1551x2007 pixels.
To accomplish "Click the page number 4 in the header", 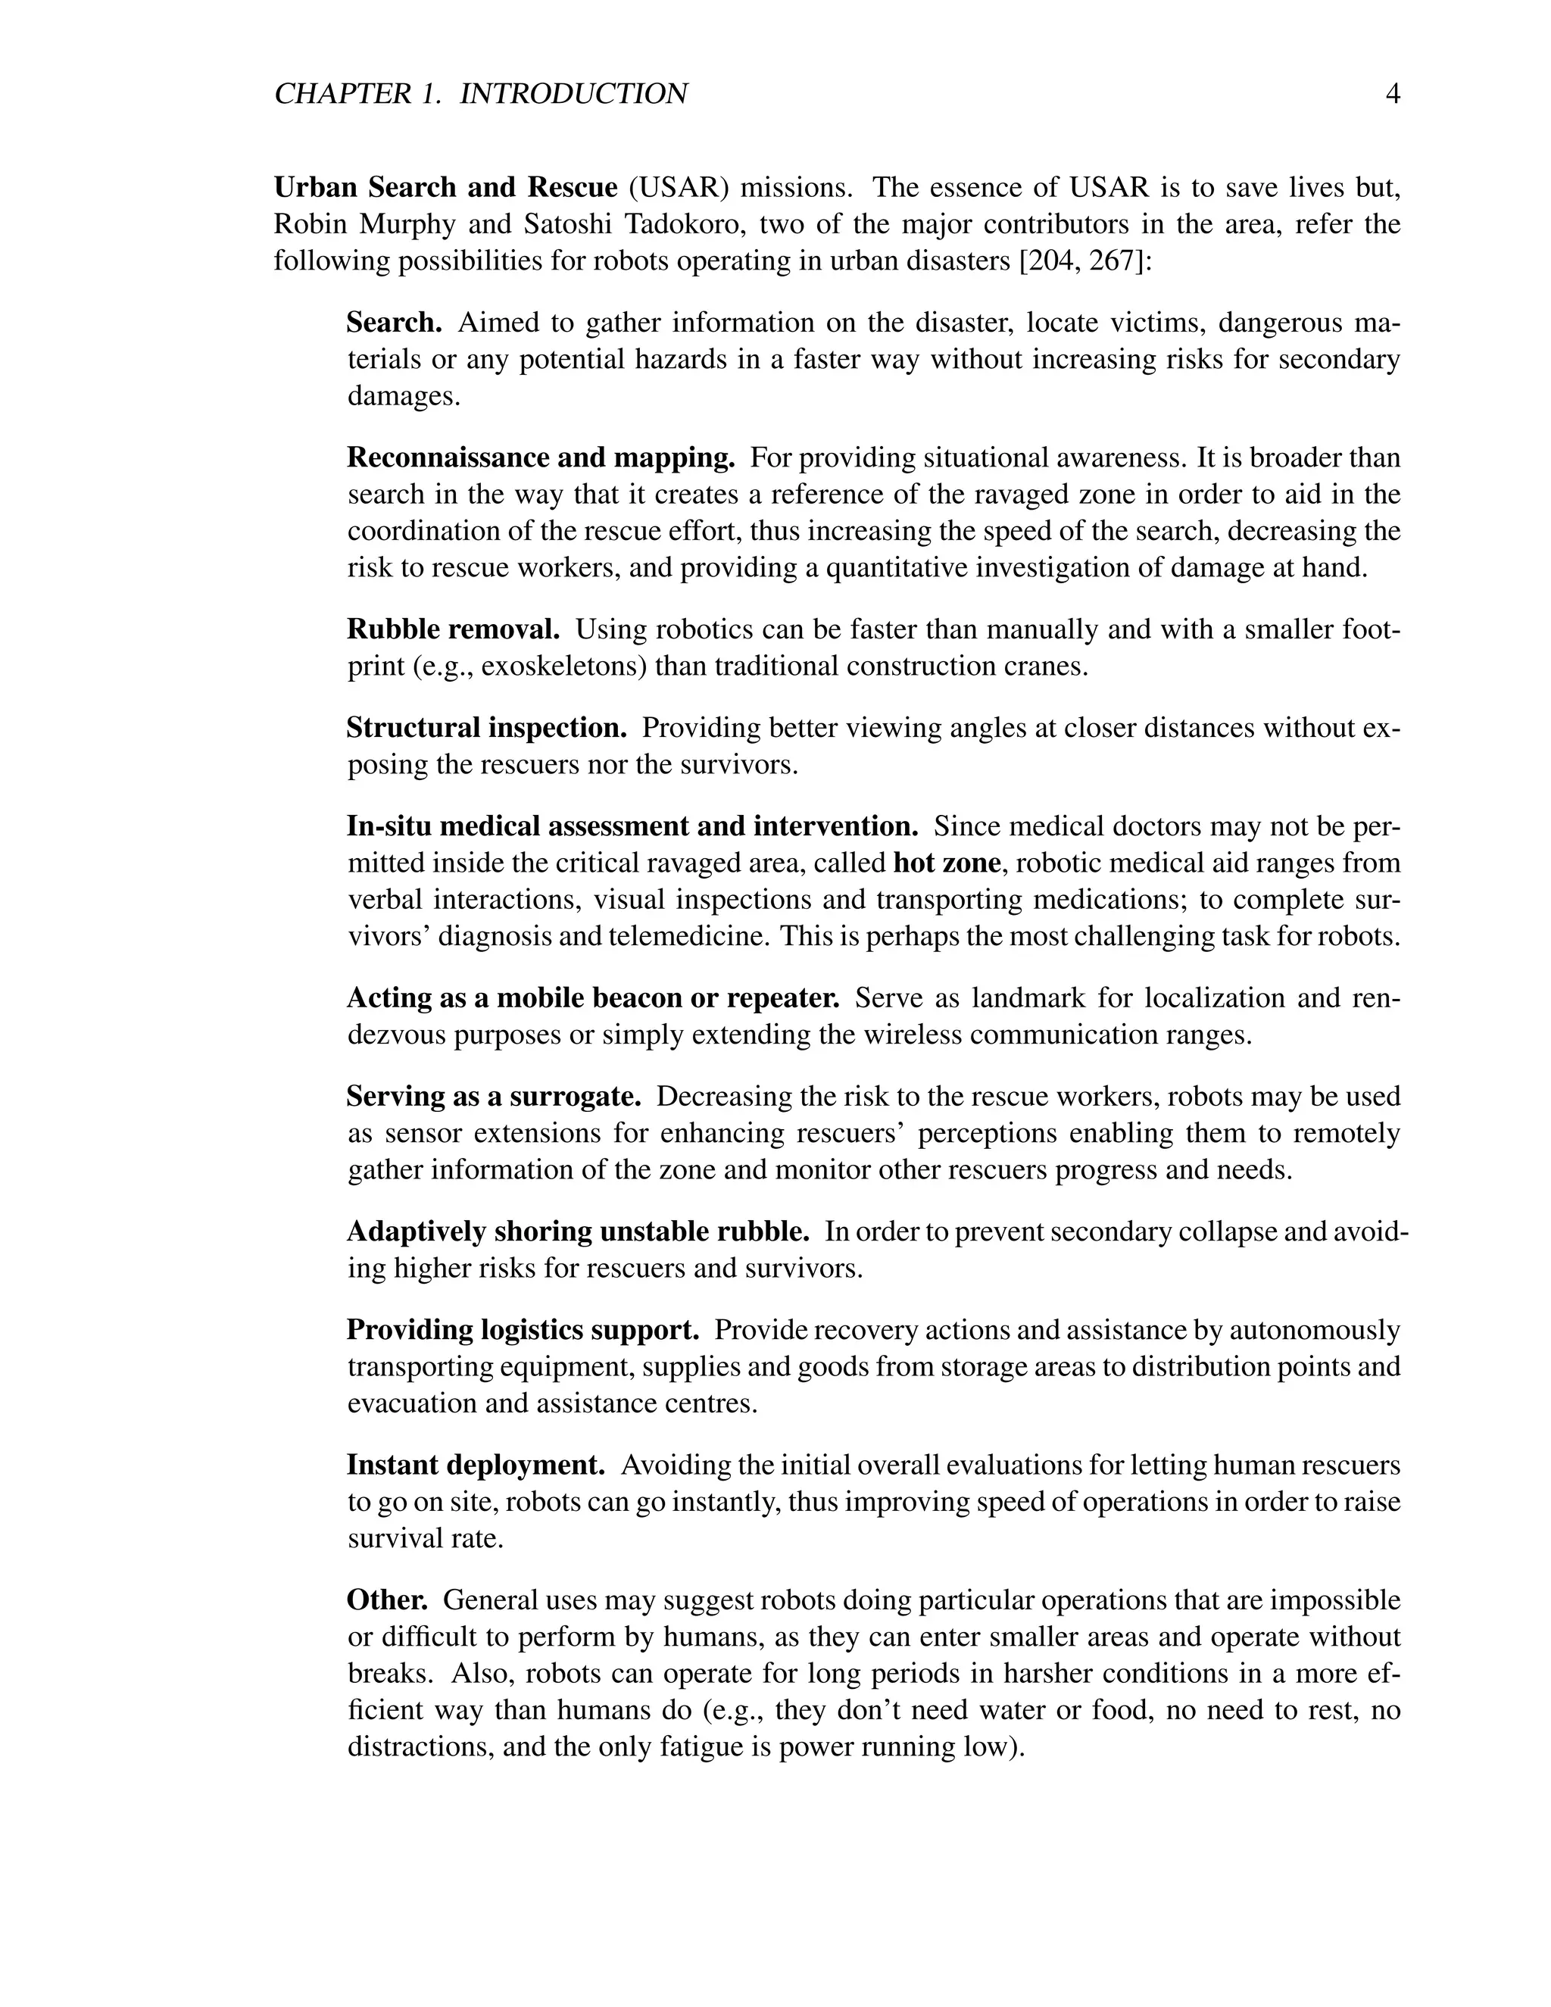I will [x=1392, y=94].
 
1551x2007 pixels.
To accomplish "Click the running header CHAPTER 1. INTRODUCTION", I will [x=481, y=94].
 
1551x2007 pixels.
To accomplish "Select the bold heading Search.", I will [x=394, y=323].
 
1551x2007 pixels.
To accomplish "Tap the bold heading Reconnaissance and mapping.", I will [x=540, y=457].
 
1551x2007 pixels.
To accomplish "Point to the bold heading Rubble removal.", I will [x=453, y=629].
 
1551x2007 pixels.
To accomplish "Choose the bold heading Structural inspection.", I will [x=486, y=728].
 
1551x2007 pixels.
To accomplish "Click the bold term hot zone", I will [x=947, y=863].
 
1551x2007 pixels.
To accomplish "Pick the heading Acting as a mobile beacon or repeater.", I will [x=593, y=998].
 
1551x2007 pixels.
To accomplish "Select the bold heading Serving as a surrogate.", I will [x=494, y=1097].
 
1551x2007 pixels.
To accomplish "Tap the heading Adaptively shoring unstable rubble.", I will [x=578, y=1231].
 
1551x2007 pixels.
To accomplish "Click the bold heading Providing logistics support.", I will [x=523, y=1330].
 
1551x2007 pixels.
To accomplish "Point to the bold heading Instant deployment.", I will [x=475, y=1465].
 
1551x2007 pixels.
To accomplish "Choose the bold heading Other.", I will [x=387, y=1600].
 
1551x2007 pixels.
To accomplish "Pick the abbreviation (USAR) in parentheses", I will [x=679, y=188].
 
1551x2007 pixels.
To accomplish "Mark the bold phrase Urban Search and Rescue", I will [x=445, y=188].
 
